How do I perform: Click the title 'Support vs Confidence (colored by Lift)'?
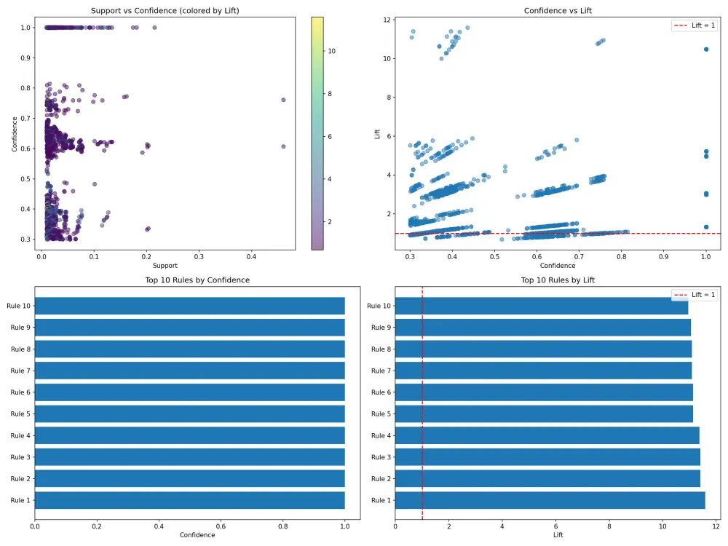[x=165, y=11]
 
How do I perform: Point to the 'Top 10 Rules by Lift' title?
[x=558, y=280]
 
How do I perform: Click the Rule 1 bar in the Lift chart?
[x=550, y=500]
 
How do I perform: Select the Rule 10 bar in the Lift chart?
[x=542, y=306]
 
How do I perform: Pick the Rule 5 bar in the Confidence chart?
[x=189, y=414]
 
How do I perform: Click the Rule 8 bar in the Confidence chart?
[x=189, y=349]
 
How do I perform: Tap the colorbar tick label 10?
[x=331, y=51]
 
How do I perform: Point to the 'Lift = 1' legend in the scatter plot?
[x=693, y=25]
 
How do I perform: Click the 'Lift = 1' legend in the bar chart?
[x=693, y=294]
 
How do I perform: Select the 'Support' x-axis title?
[x=165, y=266]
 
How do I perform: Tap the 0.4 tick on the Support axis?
[x=251, y=256]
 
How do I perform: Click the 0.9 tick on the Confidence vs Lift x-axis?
[x=663, y=256]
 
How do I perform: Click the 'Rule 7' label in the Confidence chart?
[x=20, y=371]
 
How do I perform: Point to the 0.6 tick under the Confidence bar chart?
[x=221, y=525]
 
